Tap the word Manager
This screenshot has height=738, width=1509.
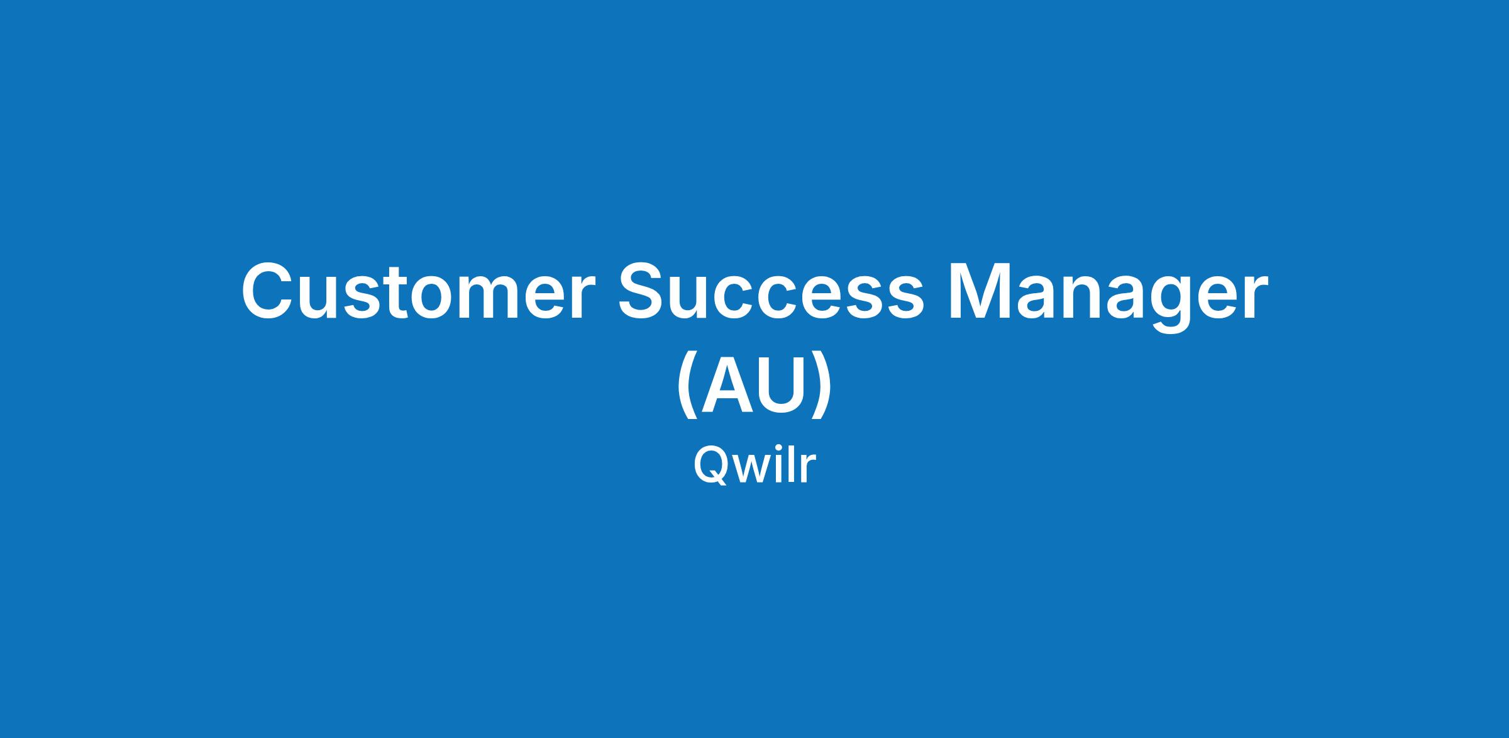tap(1107, 296)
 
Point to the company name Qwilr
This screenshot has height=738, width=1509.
tap(754, 466)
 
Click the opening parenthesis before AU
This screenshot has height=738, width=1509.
tap(688, 387)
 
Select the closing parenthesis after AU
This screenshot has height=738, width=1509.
tap(822, 387)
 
